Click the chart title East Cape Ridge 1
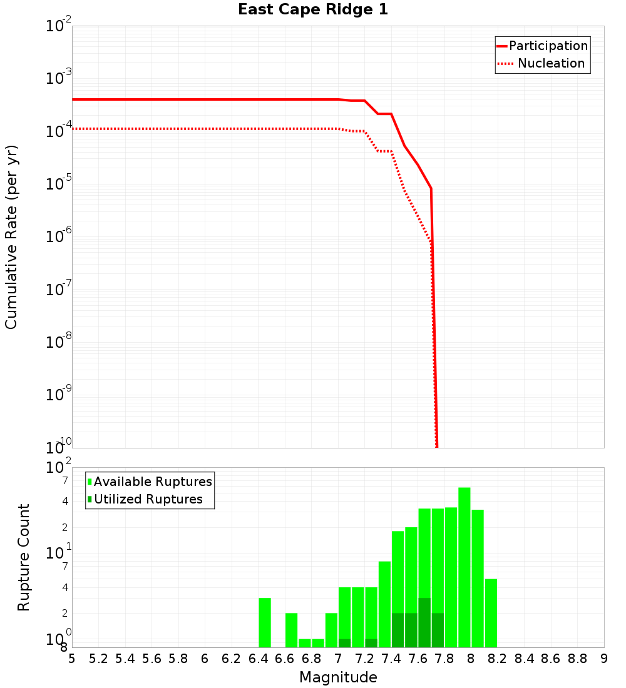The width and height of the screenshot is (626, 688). tap(313, 10)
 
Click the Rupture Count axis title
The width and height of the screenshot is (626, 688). tap(24, 557)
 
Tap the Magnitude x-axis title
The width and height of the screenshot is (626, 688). tap(338, 677)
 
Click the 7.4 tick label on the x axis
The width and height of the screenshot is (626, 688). tap(391, 659)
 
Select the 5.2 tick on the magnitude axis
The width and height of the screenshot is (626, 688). tap(98, 659)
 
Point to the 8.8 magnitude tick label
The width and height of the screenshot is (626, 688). tap(577, 659)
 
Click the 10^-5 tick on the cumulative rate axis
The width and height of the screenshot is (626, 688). tap(58, 184)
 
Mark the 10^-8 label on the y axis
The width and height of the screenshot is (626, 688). tap(58, 342)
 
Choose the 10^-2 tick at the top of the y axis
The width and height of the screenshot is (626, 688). tap(58, 26)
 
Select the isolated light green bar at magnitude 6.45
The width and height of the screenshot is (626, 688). tap(265, 622)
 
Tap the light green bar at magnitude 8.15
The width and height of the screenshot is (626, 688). tap(491, 613)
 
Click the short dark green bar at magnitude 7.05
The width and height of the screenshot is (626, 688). tap(344, 643)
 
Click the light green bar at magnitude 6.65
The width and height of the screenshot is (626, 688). tap(291, 630)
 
